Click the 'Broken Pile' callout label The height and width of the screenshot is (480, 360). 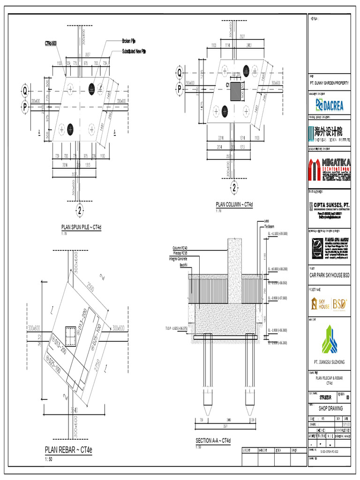pos(129,41)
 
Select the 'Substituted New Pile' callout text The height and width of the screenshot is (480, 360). pos(134,51)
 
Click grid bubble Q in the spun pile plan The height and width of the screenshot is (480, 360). pos(25,90)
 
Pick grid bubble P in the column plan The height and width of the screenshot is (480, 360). pos(179,89)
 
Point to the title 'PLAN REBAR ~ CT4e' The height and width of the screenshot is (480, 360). pos(69,450)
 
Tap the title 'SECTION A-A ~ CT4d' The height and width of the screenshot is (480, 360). pos(213,441)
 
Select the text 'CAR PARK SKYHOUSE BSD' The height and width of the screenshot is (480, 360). pos(329,275)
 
